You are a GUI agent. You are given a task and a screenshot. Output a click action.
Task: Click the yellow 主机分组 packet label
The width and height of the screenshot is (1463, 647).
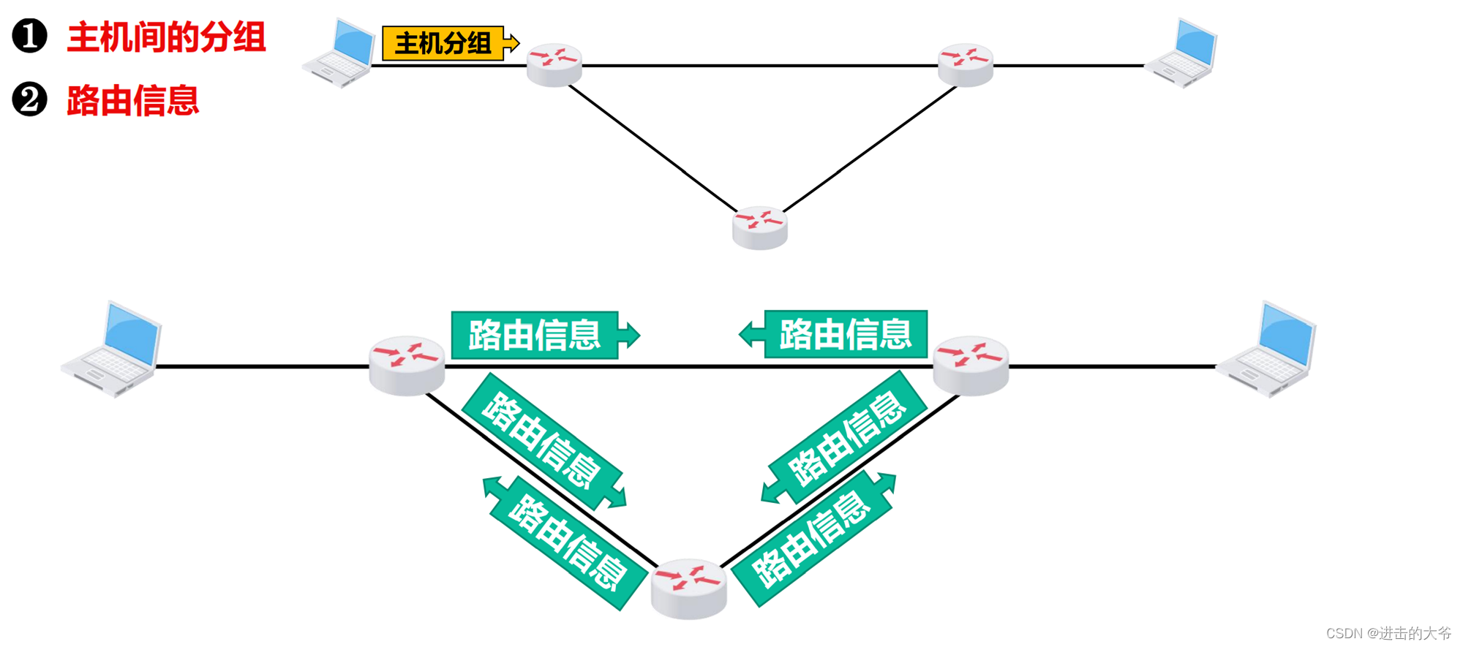(443, 43)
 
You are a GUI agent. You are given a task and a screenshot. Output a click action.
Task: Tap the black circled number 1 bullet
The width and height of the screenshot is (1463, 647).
(29, 37)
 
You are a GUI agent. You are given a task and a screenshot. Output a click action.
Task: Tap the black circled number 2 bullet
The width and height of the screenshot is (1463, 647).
(29, 100)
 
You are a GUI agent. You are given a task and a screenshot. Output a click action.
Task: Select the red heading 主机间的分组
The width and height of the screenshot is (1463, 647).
(166, 37)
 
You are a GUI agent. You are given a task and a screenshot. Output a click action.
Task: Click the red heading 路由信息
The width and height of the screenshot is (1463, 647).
(132, 101)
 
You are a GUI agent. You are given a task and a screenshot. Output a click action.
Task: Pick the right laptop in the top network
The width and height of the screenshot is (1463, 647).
(1182, 54)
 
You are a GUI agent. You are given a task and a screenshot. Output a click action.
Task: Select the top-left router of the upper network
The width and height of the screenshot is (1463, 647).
(554, 64)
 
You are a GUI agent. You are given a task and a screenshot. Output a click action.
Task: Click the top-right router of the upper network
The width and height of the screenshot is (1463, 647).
(966, 64)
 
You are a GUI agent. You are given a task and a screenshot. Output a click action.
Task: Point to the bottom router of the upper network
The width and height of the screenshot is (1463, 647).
(760, 227)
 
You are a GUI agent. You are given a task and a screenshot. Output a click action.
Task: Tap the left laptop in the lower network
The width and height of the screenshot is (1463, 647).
(113, 349)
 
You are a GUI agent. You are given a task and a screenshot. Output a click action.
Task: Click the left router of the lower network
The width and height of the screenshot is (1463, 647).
(407, 365)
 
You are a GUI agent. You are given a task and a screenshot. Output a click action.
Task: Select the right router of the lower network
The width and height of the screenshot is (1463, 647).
(971, 365)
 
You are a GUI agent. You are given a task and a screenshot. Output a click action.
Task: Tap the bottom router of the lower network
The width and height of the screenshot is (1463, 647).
(688, 589)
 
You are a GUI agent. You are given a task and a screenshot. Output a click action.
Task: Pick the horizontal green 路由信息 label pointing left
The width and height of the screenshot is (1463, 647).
(846, 334)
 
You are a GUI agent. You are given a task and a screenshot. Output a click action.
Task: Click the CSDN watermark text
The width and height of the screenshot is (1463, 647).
(1388, 633)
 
